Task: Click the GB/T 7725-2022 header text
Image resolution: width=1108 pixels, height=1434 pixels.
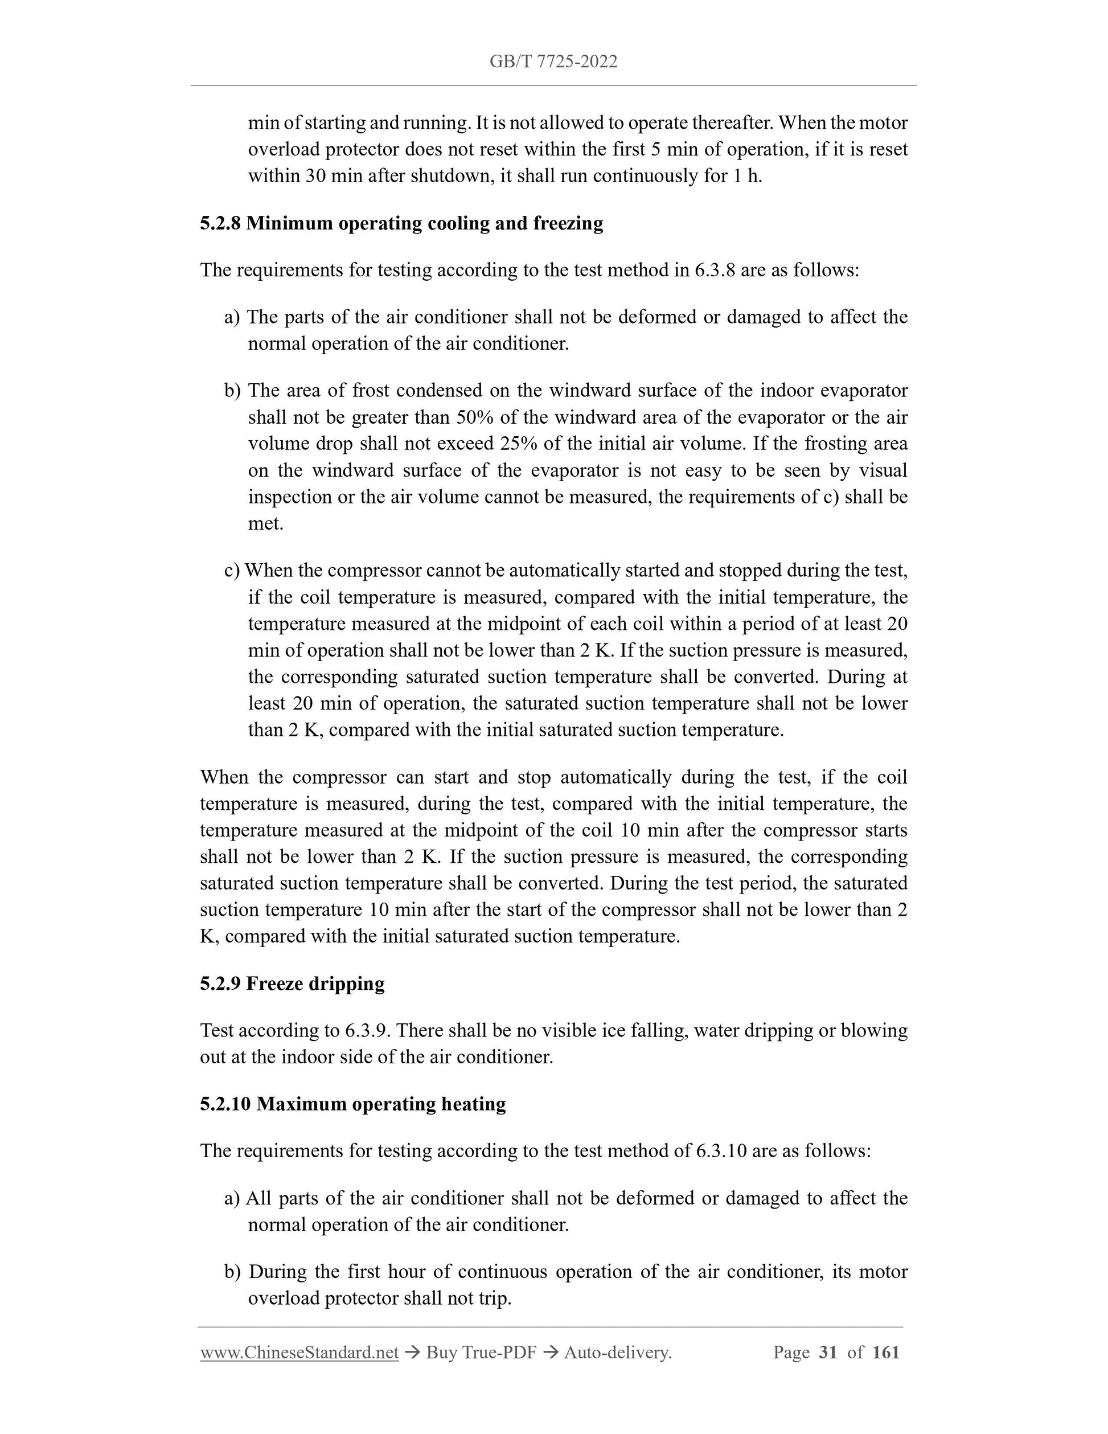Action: [x=553, y=62]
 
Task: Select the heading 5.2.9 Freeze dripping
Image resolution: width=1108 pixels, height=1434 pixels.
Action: [x=292, y=984]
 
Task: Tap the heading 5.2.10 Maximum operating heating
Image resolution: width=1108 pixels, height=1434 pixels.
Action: [x=352, y=1104]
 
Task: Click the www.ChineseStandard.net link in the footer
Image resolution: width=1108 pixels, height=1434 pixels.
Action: [x=299, y=1353]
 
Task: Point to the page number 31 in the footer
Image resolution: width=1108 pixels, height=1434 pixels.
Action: [x=828, y=1353]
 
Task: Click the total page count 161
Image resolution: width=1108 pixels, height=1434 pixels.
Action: [x=886, y=1353]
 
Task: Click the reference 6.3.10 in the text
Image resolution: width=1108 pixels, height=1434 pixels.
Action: [x=721, y=1151]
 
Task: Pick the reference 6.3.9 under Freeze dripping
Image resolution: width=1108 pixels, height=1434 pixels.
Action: [x=368, y=1031]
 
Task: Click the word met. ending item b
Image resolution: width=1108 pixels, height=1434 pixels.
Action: [x=265, y=524]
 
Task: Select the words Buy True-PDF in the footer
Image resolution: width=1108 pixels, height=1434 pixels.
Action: [x=481, y=1353]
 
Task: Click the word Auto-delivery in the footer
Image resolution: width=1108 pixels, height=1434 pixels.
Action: [x=617, y=1353]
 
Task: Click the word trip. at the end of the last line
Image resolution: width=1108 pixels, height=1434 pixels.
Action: [x=493, y=1298]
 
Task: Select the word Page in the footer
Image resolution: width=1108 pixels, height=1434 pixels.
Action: [x=791, y=1353]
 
